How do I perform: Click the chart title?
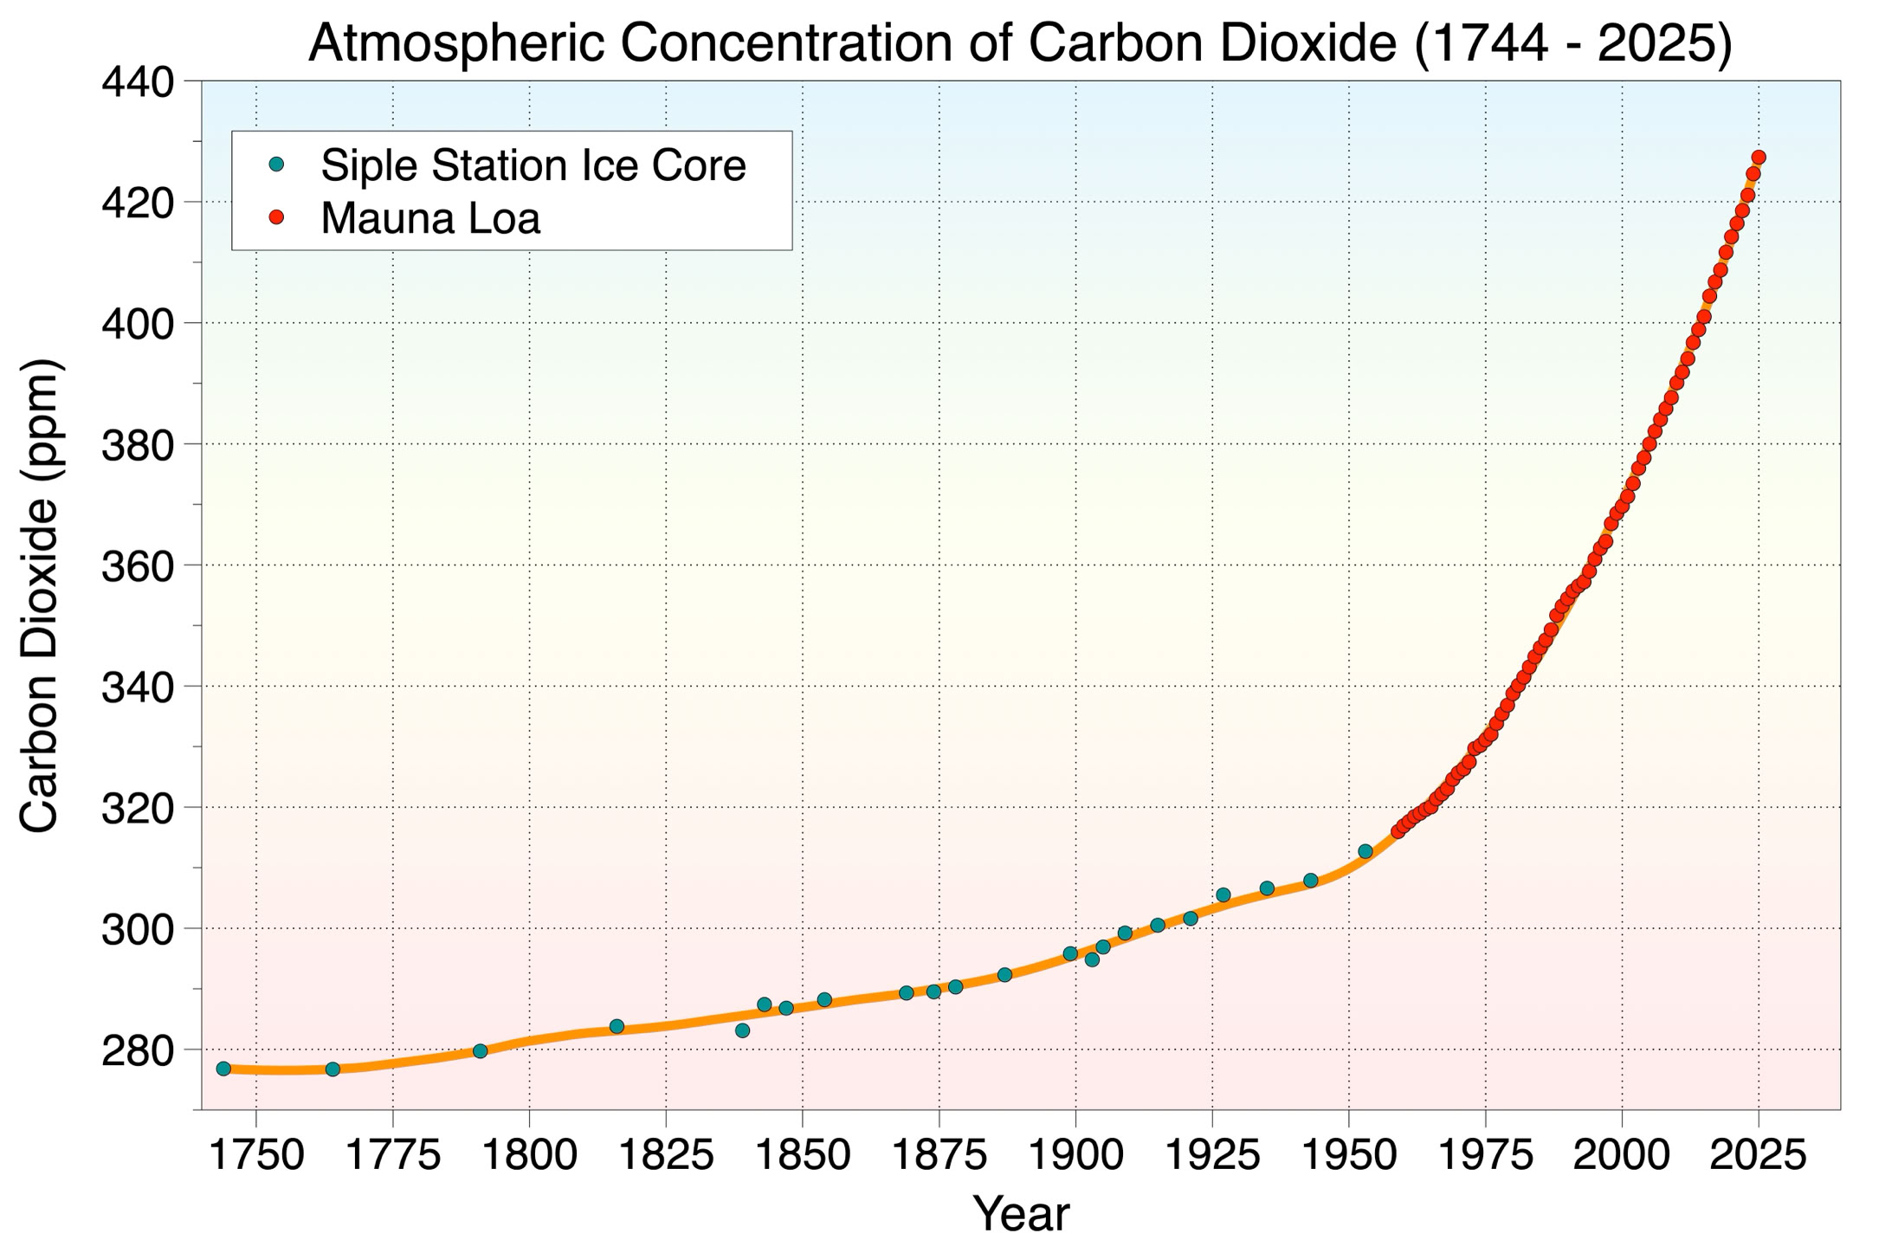click(x=1020, y=43)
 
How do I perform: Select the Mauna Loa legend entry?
click(x=430, y=218)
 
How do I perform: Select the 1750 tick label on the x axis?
click(x=256, y=1155)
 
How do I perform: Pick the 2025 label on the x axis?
click(x=1758, y=1155)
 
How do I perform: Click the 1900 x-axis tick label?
click(x=1075, y=1155)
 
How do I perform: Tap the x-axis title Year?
click(x=1021, y=1214)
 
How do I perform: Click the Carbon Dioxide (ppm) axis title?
click(x=40, y=596)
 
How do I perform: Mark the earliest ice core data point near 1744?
click(x=223, y=1069)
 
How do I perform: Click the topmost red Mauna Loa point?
click(x=1759, y=158)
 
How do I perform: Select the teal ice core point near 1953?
click(x=1365, y=851)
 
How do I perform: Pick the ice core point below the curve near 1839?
click(x=742, y=1030)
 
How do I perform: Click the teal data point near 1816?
click(x=617, y=1026)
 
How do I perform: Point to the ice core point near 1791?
click(x=481, y=1051)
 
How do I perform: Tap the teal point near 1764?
click(x=332, y=1069)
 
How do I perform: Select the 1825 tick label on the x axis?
click(x=666, y=1155)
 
